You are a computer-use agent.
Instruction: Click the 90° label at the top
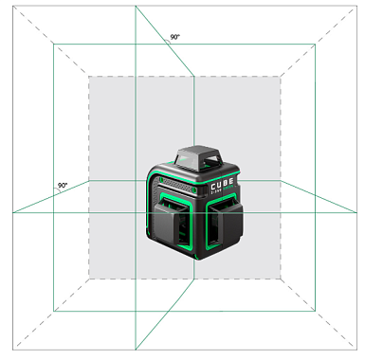[174, 37]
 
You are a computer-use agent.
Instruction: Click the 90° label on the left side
[62, 186]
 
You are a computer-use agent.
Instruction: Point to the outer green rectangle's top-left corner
[54, 44]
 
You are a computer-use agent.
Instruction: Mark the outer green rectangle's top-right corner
[313, 44]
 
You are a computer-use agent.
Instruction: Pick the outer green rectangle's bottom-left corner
[54, 312]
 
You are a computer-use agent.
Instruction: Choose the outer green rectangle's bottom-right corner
[313, 312]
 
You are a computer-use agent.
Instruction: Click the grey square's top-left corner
[89, 76]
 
